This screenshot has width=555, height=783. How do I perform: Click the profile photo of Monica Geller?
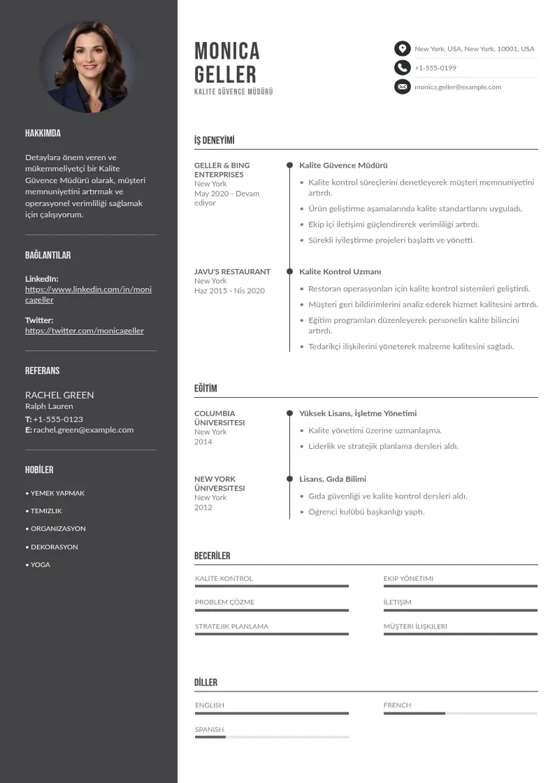(x=88, y=66)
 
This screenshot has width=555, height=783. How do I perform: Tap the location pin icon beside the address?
(x=402, y=48)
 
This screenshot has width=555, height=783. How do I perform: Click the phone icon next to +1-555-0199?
(x=402, y=68)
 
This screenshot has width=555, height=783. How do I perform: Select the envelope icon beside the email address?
(x=402, y=87)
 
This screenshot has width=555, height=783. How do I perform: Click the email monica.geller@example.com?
(x=458, y=87)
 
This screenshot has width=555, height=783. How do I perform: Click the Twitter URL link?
(x=85, y=331)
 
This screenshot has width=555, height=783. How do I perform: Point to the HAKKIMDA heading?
(x=43, y=133)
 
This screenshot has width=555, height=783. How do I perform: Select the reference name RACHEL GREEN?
(x=59, y=394)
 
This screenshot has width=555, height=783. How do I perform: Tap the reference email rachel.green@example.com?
(x=83, y=430)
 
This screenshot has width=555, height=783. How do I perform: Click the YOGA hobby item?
(x=40, y=565)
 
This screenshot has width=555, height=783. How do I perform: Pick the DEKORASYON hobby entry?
(x=54, y=547)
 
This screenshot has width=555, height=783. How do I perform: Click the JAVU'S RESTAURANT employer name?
(x=232, y=271)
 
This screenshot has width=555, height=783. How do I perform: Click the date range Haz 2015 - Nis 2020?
(x=229, y=291)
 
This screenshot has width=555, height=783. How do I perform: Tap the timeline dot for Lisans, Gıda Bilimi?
(x=289, y=479)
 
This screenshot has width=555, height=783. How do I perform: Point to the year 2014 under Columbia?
(x=203, y=442)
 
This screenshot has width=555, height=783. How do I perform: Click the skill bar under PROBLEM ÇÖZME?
(x=271, y=610)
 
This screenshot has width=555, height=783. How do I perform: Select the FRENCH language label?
(x=397, y=705)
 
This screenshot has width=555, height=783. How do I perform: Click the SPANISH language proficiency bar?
(x=271, y=737)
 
